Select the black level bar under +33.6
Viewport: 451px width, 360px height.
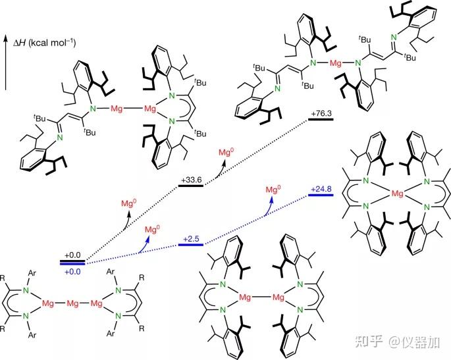pyautogui.click(x=190, y=185)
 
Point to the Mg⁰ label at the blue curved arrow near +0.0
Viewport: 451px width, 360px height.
pyautogui.click(x=153, y=229)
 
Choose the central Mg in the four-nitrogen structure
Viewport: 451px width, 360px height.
pyautogui.click(x=396, y=194)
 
